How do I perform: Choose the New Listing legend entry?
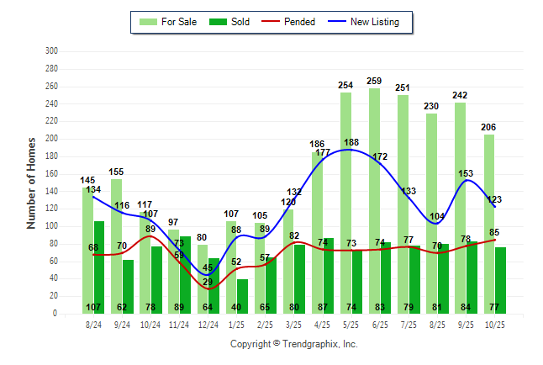coord(366,21)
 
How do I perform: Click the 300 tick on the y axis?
coord(51,51)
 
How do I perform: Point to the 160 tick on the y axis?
coord(51,173)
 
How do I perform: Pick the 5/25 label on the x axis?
coord(345,322)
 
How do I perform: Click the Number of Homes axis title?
coord(31,182)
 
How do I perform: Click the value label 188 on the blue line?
coord(351,143)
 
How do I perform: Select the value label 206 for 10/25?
coord(488,128)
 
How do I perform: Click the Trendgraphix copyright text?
coord(294,344)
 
